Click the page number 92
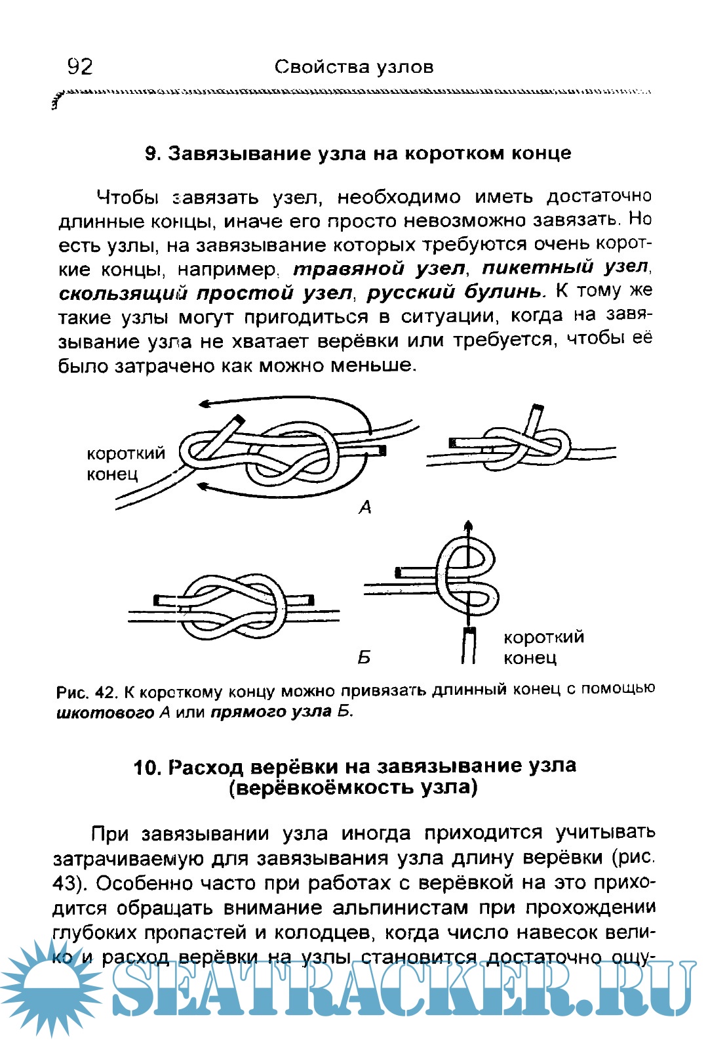click(80, 66)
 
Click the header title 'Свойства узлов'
click(354, 67)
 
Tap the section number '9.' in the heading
click(153, 154)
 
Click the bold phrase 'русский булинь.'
click(456, 293)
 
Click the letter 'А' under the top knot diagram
click(365, 507)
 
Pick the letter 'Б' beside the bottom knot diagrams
click(364, 657)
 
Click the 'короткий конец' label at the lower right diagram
click(543, 647)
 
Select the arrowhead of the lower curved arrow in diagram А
click(203, 486)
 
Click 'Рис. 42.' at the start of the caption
click(87, 693)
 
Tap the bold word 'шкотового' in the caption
click(105, 713)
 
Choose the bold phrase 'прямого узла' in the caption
click(271, 712)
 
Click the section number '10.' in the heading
click(147, 768)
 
